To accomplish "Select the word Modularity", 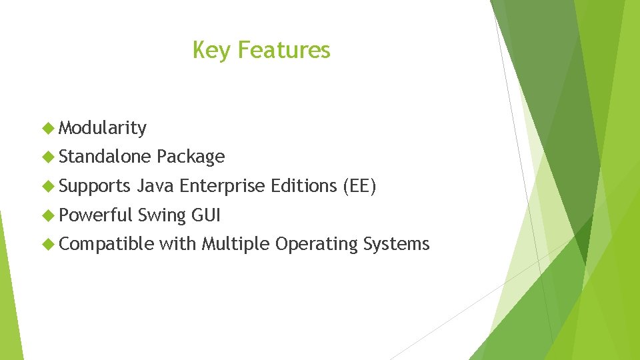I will [103, 128].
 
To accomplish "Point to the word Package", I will [191, 157].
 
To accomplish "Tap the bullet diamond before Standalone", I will [48, 157].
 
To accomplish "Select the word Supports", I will [95, 186].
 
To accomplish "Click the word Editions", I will [303, 186].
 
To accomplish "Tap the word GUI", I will [206, 215].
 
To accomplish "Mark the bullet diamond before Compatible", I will [48, 244].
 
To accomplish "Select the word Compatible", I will [106, 245].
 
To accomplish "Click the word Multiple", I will [236, 245].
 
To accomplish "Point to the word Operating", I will [317, 245].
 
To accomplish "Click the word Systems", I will [397, 245].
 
